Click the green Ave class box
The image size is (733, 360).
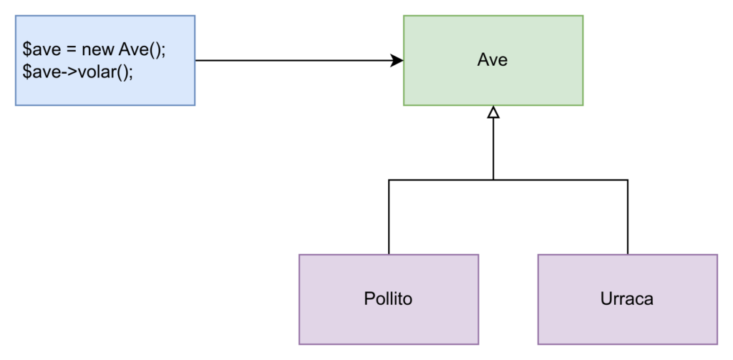pyautogui.click(x=493, y=60)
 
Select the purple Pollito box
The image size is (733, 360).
pyautogui.click(x=389, y=299)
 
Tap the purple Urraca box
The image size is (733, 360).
pyautogui.click(x=627, y=299)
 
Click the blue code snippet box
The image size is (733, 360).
pyautogui.click(x=105, y=60)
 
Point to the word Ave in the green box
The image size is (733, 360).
pyautogui.click(x=492, y=60)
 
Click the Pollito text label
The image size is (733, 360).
pyautogui.click(x=388, y=298)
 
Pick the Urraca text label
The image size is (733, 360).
pyautogui.click(x=626, y=298)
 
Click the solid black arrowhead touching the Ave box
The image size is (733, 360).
pyautogui.click(x=397, y=60)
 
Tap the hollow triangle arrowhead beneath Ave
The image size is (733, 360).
pyautogui.click(x=493, y=112)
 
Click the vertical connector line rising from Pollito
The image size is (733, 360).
pyautogui.click(x=389, y=217)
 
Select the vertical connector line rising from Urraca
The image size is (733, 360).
pyautogui.click(x=627, y=217)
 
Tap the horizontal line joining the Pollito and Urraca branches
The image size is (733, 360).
pyautogui.click(x=508, y=180)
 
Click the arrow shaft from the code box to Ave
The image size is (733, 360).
pyautogui.click(x=293, y=60)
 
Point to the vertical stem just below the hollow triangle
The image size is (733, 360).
pyautogui.click(x=493, y=149)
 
